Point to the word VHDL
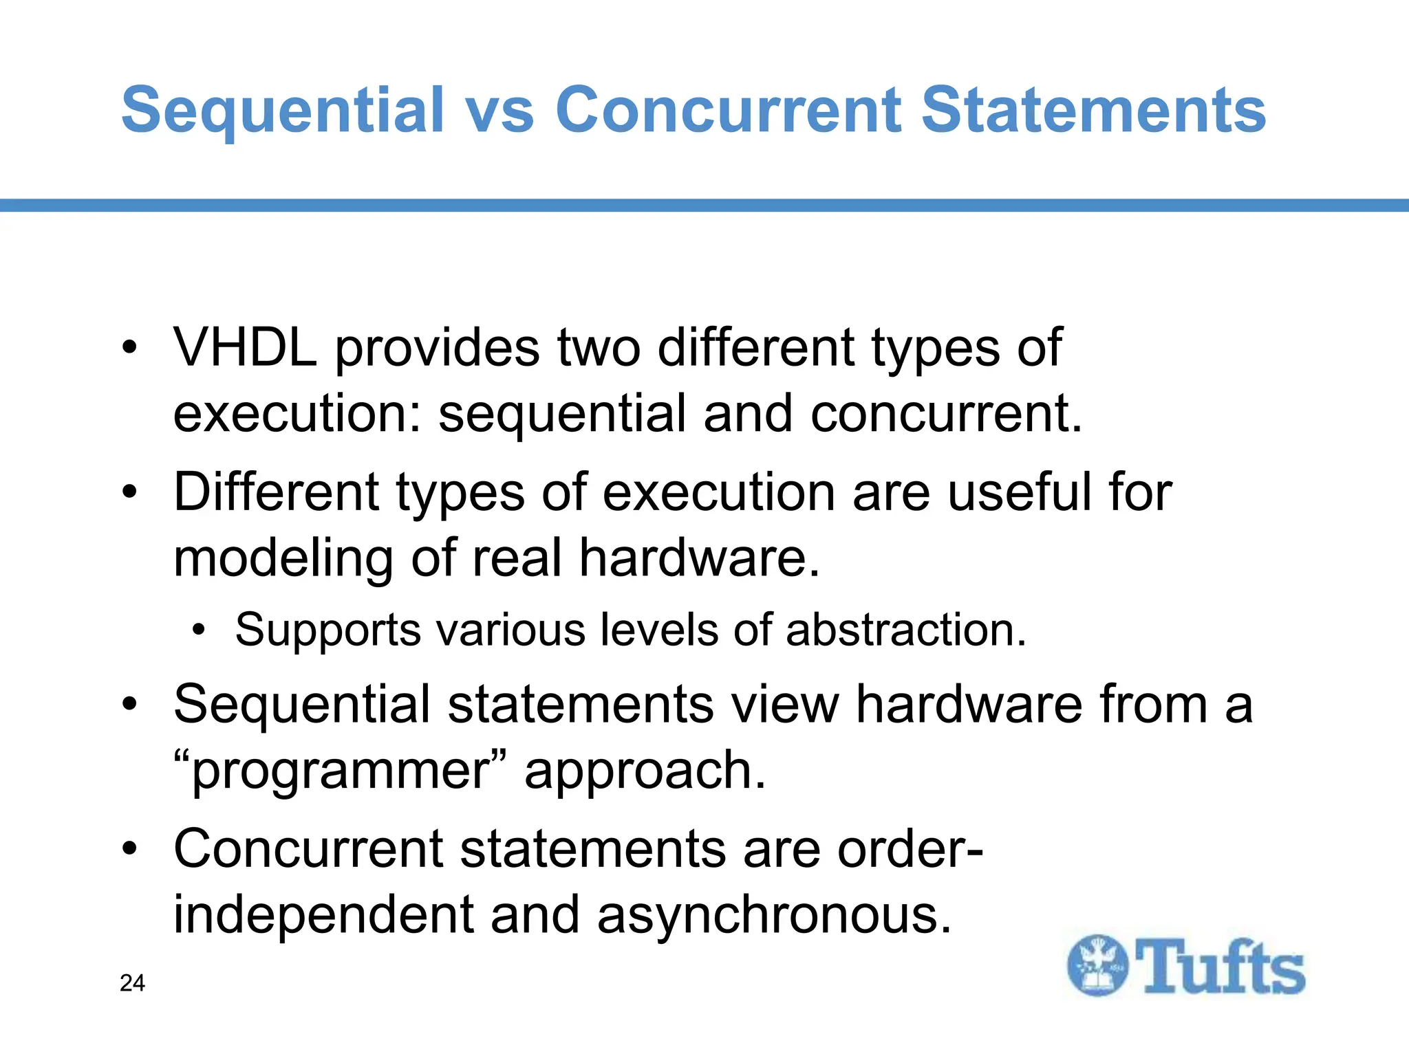(x=245, y=347)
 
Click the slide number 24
(x=132, y=983)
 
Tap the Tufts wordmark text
(x=1220, y=967)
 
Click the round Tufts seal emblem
(x=1097, y=965)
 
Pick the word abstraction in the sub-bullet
(x=905, y=629)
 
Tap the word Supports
(x=328, y=629)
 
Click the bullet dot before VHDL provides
(x=129, y=347)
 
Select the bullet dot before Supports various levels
(x=199, y=629)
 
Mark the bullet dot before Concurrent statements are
(x=129, y=849)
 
